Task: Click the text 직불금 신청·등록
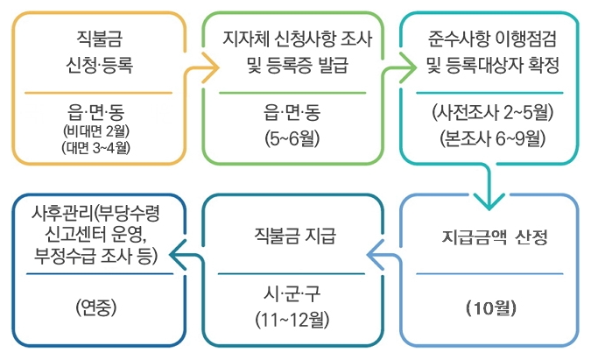97,52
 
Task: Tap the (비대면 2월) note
97,132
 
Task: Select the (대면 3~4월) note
97,147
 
